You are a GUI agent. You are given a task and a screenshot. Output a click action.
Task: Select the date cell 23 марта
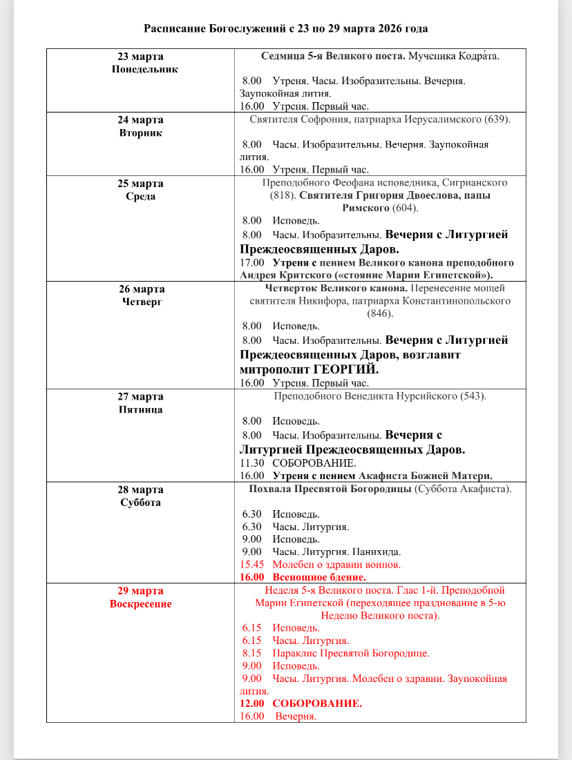(x=141, y=57)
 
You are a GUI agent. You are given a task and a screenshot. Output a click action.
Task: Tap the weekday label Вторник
(x=141, y=133)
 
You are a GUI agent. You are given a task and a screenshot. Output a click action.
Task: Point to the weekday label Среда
(x=141, y=196)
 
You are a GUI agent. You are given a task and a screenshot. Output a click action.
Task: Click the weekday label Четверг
(x=141, y=302)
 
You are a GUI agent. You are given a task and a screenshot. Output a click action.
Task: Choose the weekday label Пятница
(x=141, y=409)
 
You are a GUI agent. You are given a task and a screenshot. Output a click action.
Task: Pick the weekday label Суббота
(x=141, y=502)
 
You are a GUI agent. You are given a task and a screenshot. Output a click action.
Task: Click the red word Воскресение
(x=141, y=604)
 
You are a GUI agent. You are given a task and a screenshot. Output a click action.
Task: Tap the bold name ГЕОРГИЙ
(x=345, y=369)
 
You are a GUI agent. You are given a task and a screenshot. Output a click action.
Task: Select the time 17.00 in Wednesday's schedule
(x=251, y=263)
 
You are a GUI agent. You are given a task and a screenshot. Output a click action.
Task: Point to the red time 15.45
(x=251, y=564)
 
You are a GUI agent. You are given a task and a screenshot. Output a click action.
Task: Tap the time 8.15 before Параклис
(x=251, y=653)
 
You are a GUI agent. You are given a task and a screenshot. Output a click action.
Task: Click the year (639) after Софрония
(x=497, y=119)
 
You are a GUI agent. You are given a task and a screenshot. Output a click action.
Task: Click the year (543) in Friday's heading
(x=473, y=396)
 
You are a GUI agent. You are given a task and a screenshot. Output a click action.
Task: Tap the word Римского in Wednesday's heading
(x=366, y=208)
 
